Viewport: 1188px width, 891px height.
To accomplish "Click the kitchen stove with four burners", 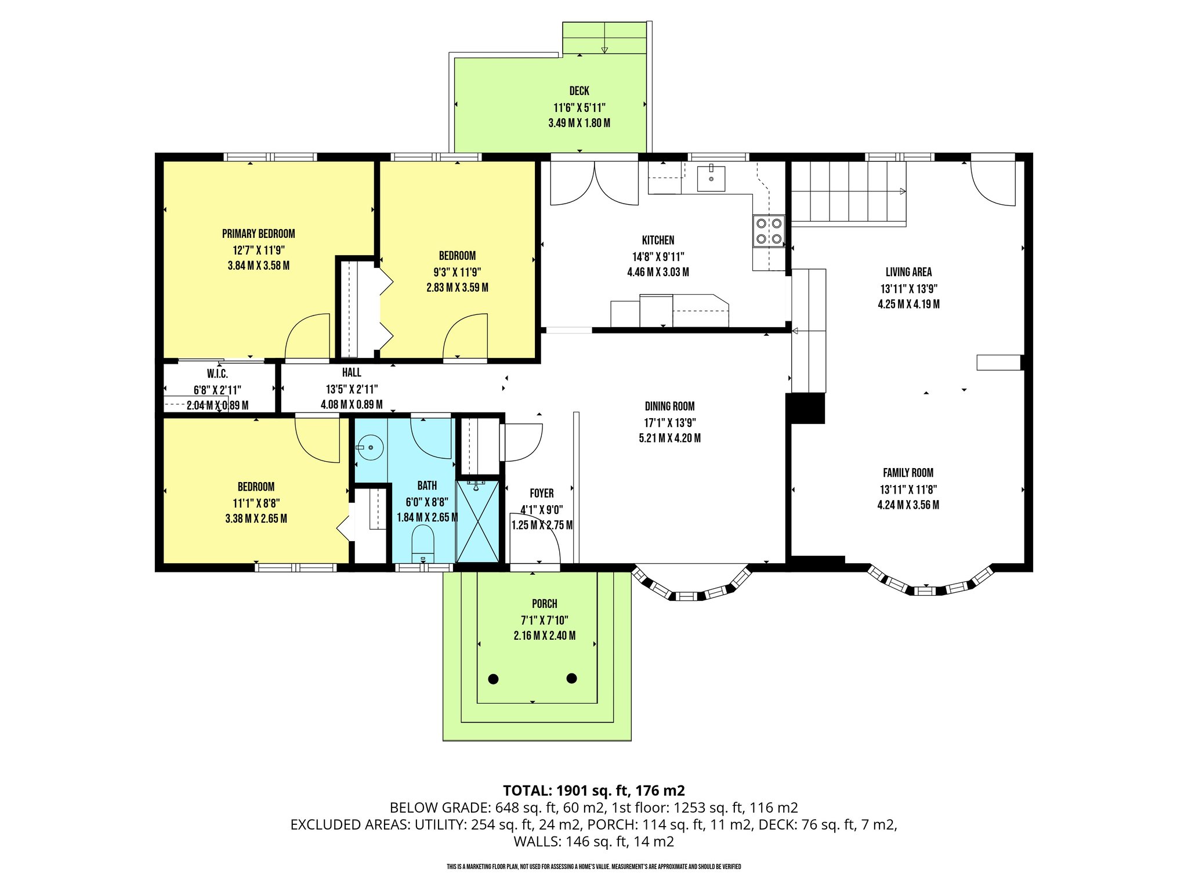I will point(769,231).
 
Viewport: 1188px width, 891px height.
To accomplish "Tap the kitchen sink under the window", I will point(711,178).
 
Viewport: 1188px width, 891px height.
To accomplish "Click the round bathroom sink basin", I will point(370,448).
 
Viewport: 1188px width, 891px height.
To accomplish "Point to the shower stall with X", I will point(477,521).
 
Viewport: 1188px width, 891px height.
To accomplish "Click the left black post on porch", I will point(493,679).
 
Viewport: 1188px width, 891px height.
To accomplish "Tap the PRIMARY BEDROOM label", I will point(258,234).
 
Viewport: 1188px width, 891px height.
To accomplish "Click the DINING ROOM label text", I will point(669,406).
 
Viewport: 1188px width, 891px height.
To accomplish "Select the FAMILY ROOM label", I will point(908,473).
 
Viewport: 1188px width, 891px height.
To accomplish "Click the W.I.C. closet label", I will point(218,374).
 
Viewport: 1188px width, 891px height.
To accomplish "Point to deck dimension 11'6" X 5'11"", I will point(579,107).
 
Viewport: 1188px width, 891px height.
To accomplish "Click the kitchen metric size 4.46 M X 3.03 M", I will point(658,272).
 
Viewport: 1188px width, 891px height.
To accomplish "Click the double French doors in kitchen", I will point(594,183).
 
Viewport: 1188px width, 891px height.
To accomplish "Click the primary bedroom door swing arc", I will point(307,336).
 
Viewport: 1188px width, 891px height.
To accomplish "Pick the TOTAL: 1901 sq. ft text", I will point(593,790).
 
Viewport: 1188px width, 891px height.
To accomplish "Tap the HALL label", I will point(352,372).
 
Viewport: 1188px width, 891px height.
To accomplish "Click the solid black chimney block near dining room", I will point(806,408).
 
